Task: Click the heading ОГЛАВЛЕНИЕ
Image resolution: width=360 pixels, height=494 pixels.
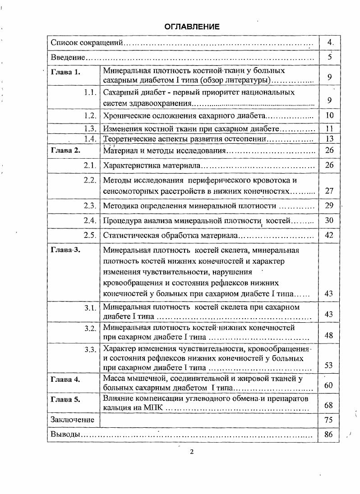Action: [192, 27]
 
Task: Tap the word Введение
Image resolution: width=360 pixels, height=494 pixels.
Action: [68, 58]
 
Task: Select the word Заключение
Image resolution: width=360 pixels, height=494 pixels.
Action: [72, 420]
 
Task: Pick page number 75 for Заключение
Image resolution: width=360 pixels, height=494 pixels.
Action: [329, 420]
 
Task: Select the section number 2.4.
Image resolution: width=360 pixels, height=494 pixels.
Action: [90, 221]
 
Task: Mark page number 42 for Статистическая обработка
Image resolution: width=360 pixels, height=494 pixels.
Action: [329, 235]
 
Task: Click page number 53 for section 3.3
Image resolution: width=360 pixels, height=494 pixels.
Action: [329, 365]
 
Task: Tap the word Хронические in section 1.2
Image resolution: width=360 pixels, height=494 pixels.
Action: [125, 116]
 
